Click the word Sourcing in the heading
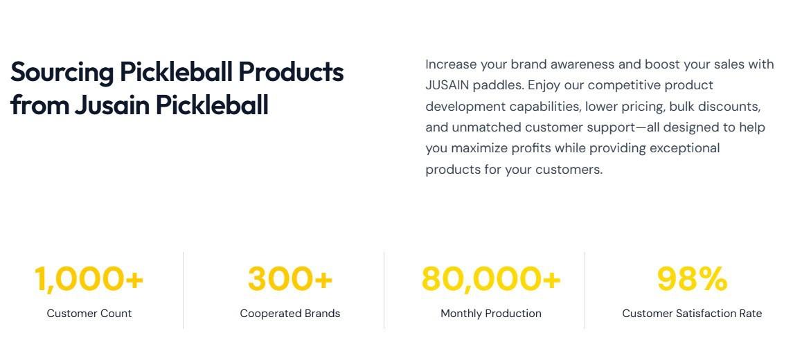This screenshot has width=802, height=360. tap(62, 72)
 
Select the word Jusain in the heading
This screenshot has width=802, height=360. tap(112, 105)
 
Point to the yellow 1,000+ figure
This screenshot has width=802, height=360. tap(89, 279)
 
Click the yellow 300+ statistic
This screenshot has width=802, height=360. tap(290, 279)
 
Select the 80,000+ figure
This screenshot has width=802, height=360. tap(491, 279)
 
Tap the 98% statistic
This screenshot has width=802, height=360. tap(692, 279)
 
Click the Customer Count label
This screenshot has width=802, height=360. tap(89, 314)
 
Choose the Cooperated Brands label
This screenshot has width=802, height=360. tap(290, 314)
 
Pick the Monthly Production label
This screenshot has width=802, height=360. tap(491, 314)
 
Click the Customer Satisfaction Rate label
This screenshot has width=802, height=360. tap(692, 314)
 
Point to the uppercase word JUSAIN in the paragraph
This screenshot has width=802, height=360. tap(447, 85)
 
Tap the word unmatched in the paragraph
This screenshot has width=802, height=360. tap(484, 127)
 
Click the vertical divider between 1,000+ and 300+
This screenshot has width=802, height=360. tap(183, 290)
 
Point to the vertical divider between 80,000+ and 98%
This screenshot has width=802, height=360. tap(585, 290)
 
